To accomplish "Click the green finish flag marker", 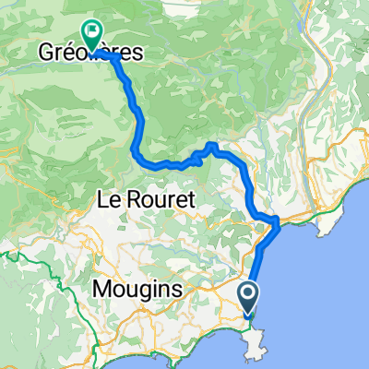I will tap(92, 35).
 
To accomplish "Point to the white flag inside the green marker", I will tap(92, 31).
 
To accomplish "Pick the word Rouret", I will tap(158, 198).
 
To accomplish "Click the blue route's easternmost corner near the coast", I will tap(278, 221).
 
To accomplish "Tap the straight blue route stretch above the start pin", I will tap(254, 268).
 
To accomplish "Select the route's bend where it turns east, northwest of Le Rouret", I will tap(140, 159).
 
